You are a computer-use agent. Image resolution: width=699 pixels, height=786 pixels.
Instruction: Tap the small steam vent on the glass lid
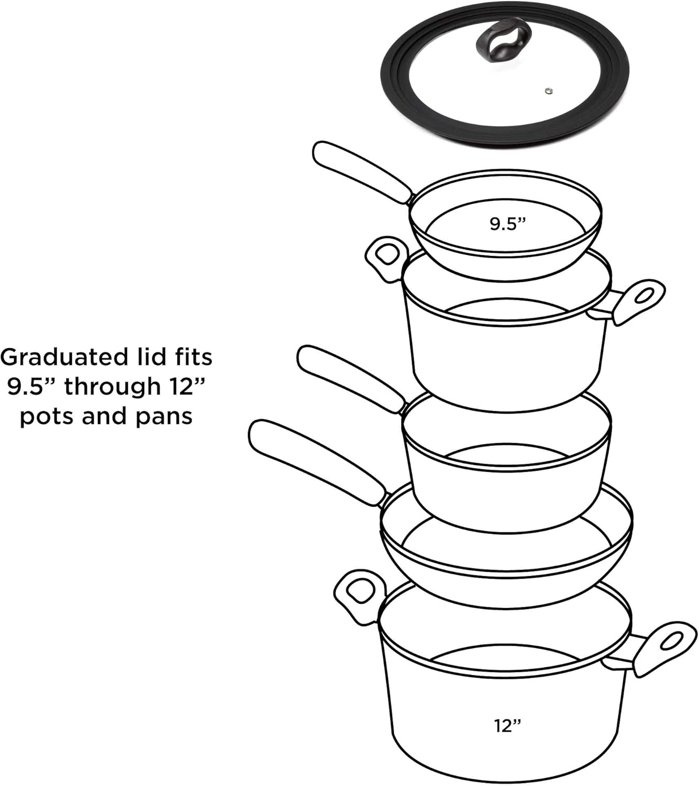[x=548, y=91]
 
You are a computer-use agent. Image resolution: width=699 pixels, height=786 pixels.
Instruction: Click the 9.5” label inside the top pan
[x=507, y=224]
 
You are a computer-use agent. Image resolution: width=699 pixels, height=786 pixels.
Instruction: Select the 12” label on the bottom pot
[x=507, y=726]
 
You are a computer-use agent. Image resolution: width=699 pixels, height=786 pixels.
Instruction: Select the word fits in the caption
[x=192, y=357]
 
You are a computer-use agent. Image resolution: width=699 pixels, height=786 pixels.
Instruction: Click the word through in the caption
[x=113, y=387]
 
